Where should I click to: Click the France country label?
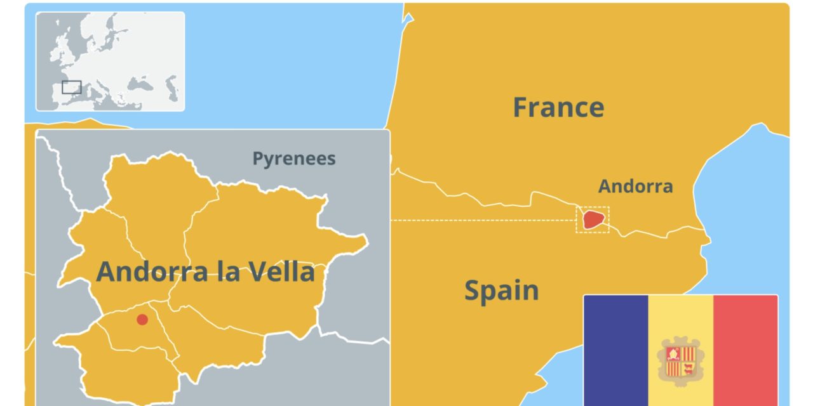point(558,107)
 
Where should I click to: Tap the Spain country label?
point(501,291)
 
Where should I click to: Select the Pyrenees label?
point(293,159)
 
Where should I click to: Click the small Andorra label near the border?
point(635,187)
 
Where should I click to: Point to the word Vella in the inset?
point(279,272)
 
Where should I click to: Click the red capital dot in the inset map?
point(142,320)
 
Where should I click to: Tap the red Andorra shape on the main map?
point(593,219)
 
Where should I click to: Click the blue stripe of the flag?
point(615,349)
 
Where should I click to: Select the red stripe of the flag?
point(745,349)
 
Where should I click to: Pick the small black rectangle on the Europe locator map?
point(72,87)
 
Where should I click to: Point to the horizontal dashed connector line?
point(483,220)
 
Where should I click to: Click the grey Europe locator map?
point(110,62)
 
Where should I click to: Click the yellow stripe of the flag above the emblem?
point(680,314)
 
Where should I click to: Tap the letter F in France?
point(521,107)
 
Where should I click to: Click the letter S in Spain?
point(473,291)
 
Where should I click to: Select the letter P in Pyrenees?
point(258,159)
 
